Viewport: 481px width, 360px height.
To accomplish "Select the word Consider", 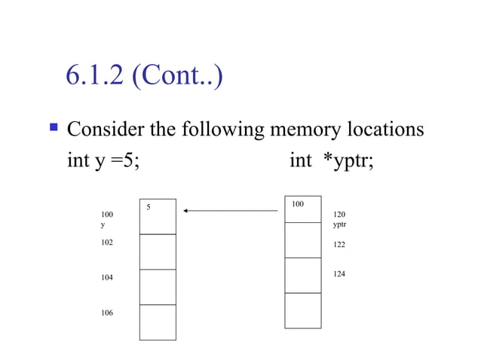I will pos(106,130).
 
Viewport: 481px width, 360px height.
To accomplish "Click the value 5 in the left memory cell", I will pos(149,206).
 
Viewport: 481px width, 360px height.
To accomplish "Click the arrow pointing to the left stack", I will pos(231,211).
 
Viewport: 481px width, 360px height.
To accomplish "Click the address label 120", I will pos(339,215).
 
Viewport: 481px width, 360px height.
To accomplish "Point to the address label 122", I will pos(339,246).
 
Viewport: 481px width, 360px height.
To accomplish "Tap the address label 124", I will pos(339,274).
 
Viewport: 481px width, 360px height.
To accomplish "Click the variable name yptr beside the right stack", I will pos(339,224).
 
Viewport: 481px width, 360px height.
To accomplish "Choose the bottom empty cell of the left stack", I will pos(158,322).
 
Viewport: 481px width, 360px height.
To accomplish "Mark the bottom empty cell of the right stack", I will pos(302,310).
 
